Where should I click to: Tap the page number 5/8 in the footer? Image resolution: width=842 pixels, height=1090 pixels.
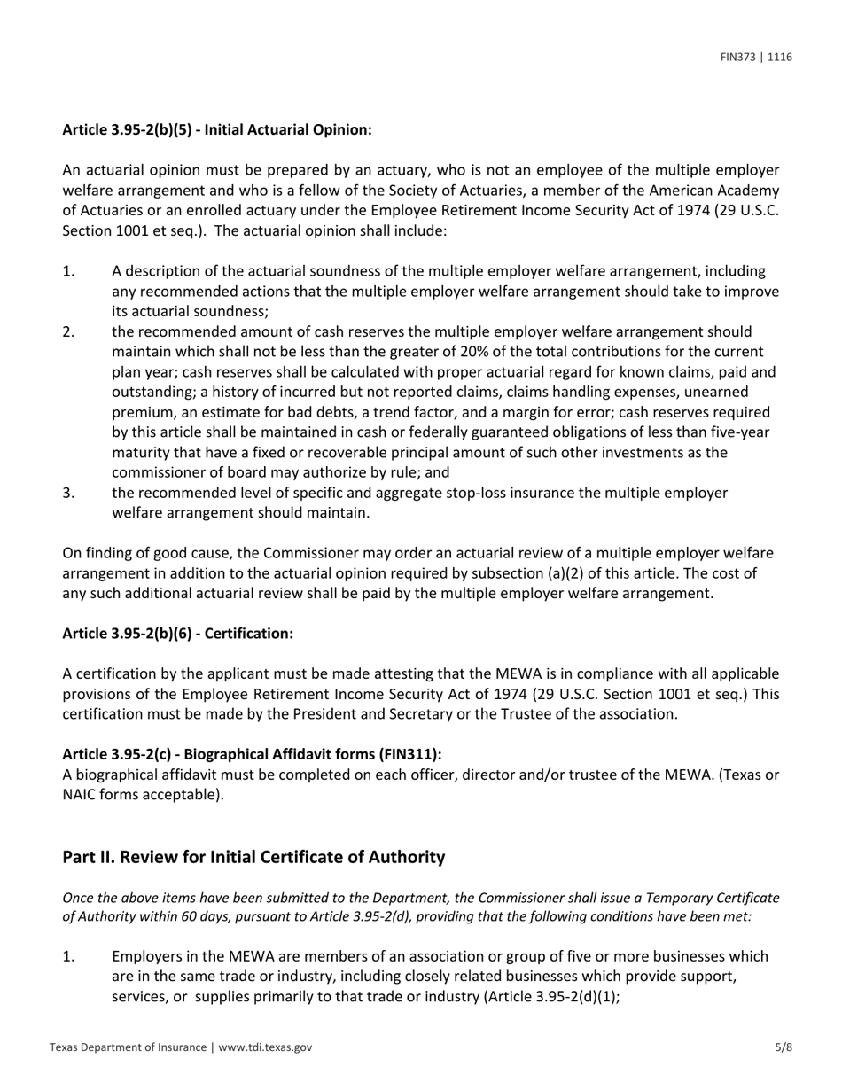(784, 1047)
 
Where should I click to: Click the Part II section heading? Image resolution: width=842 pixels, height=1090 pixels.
(253, 857)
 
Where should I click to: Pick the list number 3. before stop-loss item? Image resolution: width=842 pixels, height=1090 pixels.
(69, 493)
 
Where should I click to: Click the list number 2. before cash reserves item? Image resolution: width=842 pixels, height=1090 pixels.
(69, 331)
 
